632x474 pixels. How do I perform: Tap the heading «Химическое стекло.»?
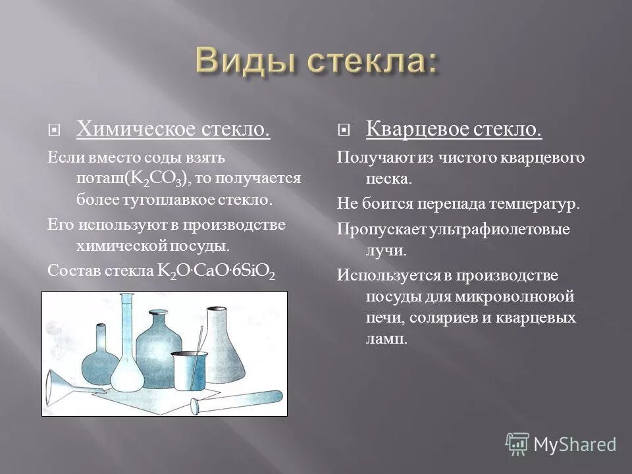[x=173, y=129]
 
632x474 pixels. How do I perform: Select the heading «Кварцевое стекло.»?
[x=454, y=129]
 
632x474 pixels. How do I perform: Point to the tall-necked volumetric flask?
[x=127, y=355]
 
